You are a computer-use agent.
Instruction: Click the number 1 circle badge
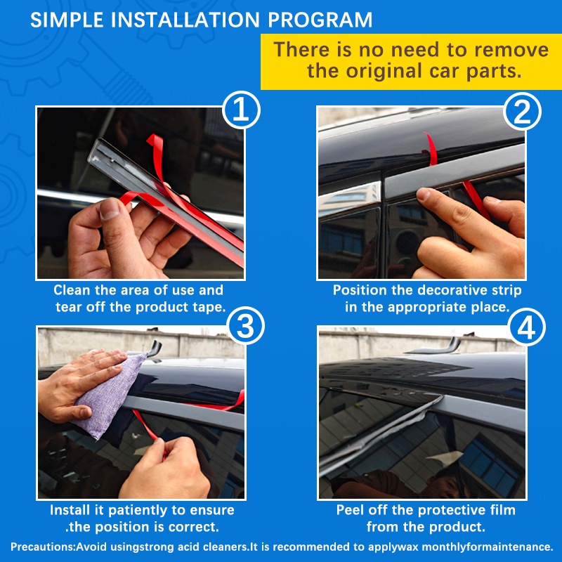pyautogui.click(x=241, y=110)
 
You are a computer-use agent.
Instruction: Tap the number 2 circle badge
pyautogui.click(x=522, y=111)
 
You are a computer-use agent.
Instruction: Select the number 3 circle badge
pyautogui.click(x=246, y=326)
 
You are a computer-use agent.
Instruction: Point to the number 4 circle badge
pyautogui.click(x=526, y=327)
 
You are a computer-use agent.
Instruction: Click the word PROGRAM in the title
pyautogui.click(x=320, y=20)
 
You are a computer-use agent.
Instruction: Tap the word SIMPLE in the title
pyautogui.click(x=67, y=20)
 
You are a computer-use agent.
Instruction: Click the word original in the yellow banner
pyautogui.click(x=384, y=71)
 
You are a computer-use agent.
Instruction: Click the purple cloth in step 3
pyautogui.click(x=108, y=394)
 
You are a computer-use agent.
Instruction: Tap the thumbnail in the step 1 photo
pyautogui.click(x=110, y=209)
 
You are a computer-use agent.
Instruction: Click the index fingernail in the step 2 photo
pyautogui.click(x=424, y=195)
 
